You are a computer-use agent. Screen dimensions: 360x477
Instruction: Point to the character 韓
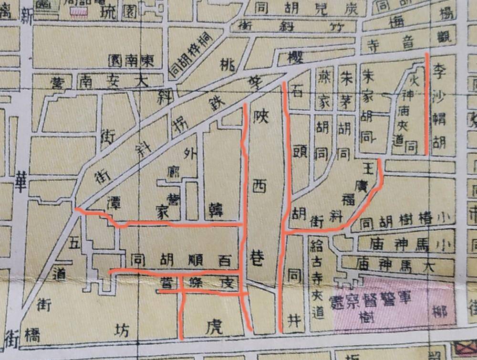tap(217, 210)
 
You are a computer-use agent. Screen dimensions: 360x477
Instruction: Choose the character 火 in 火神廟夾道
tap(414, 75)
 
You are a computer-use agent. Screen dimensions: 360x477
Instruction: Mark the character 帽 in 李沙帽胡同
tap(439, 123)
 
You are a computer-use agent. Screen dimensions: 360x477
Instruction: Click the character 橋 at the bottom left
tap(32, 335)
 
